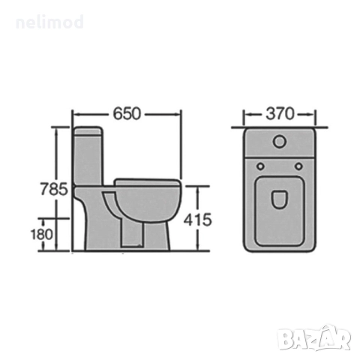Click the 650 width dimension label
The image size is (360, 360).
(126, 114)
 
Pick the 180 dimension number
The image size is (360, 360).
(43, 233)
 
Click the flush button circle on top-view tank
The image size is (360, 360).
(279, 140)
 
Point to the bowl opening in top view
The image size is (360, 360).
(279, 199)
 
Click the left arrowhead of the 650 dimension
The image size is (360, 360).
(74, 114)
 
